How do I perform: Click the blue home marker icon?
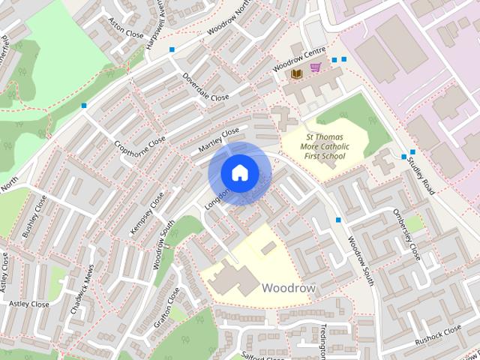point(238,172)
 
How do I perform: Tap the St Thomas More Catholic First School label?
point(325,147)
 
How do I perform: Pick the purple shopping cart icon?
point(316,68)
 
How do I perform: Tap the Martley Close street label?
point(218,141)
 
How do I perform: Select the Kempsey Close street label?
point(146,213)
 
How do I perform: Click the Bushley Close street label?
point(34,217)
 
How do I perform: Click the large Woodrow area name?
point(289,288)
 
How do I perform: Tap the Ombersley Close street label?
point(406,232)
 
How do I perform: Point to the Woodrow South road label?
point(361,260)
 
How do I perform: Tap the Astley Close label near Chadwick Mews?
point(28,304)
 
